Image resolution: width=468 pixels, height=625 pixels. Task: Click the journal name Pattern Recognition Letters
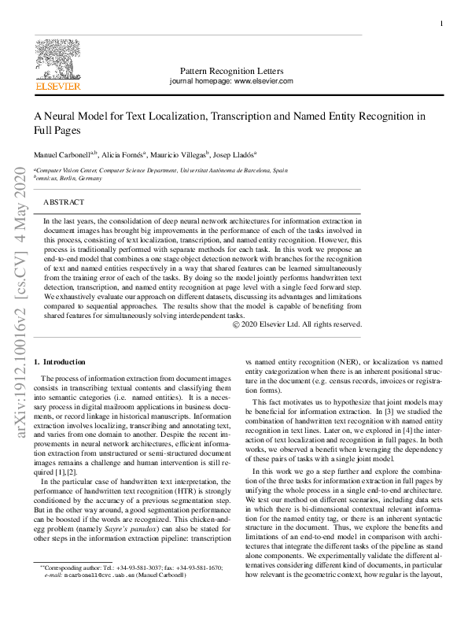(231, 70)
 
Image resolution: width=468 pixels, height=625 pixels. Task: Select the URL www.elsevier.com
(263, 81)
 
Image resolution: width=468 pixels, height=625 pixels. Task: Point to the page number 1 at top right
(441, 24)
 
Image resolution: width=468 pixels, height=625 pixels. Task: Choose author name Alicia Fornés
(125, 154)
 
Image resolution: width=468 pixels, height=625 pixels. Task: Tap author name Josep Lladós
(239, 154)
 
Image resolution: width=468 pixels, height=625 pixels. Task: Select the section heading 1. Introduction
(59, 361)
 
